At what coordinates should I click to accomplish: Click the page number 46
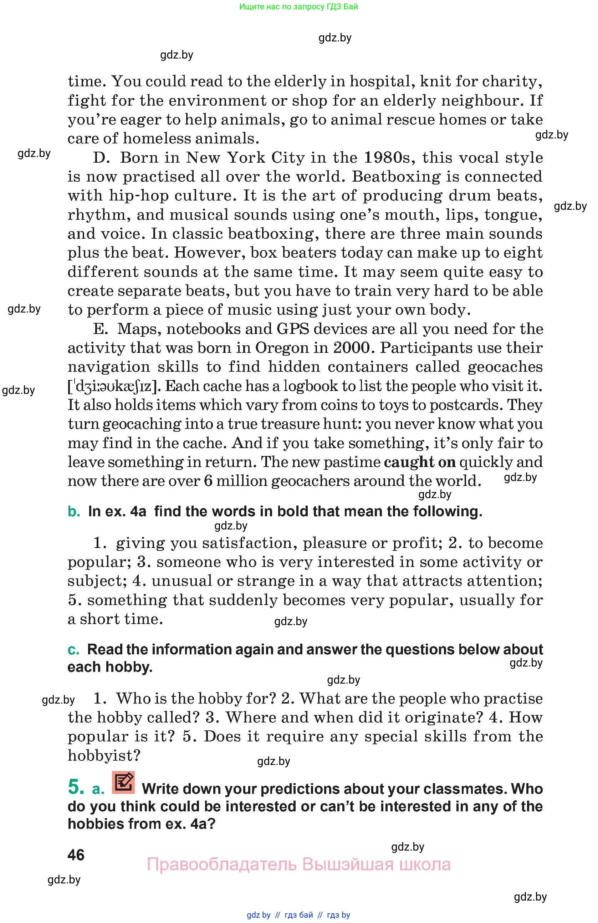click(76, 855)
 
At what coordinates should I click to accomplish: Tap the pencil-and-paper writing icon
click(123, 782)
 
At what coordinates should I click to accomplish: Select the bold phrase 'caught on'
click(420, 462)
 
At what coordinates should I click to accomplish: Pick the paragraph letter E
click(99, 329)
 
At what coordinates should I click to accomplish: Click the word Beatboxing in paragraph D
click(396, 177)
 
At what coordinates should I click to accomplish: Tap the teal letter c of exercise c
click(73, 649)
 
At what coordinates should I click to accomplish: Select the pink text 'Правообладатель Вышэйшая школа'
click(298, 864)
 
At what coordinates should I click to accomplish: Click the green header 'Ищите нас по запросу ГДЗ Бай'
click(298, 6)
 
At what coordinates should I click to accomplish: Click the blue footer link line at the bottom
click(298, 915)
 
